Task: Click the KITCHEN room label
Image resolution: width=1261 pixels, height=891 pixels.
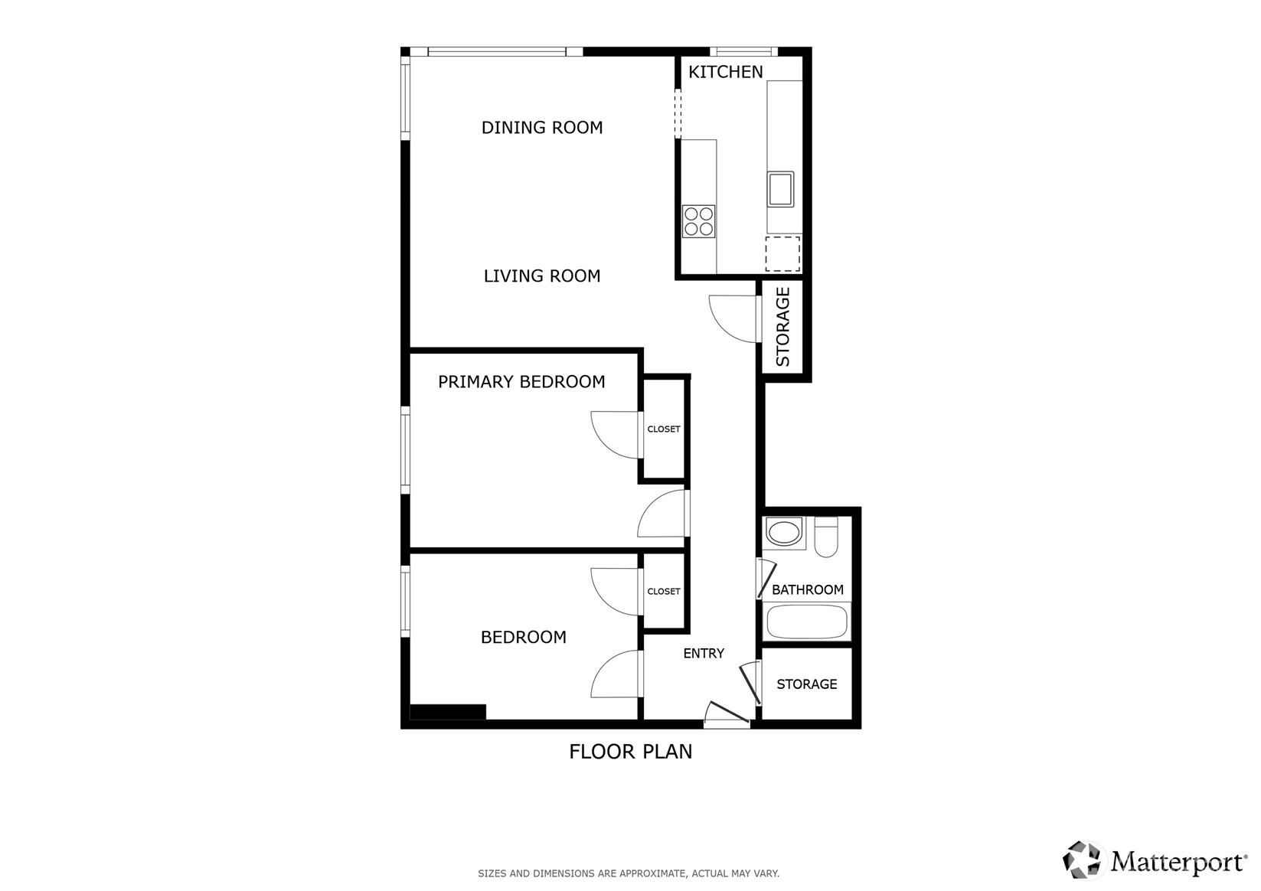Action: pos(726,72)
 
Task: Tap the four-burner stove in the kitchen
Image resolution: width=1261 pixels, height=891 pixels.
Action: pos(698,221)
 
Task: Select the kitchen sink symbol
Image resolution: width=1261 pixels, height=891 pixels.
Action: pos(780,189)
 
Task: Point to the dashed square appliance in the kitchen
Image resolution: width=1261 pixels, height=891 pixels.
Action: pos(782,254)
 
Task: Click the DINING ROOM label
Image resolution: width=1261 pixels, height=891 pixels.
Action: pos(542,128)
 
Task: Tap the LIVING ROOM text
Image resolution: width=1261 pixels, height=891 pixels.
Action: pos(542,276)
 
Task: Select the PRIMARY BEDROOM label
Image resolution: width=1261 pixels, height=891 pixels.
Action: pos(521,382)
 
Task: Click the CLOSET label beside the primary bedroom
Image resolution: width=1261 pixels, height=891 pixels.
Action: pos(664,429)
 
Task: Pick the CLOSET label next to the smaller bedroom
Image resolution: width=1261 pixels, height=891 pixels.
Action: pos(664,591)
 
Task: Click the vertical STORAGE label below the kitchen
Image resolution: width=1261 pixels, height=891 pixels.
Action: pos(783,326)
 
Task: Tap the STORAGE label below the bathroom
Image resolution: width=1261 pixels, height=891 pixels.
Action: pos(807,684)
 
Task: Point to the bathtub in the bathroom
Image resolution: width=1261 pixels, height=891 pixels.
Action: pos(807,622)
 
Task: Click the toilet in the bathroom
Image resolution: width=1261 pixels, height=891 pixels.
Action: pos(826,537)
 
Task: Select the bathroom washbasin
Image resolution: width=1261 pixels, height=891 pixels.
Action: pos(783,533)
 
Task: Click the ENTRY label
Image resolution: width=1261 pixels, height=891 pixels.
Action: pos(704,653)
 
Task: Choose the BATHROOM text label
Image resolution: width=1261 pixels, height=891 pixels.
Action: pos(807,589)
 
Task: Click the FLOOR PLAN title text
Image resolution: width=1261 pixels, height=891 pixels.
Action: pos(631,752)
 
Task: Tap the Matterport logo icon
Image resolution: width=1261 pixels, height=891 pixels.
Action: pos(1081,860)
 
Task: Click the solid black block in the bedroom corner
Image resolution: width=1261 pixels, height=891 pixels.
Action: pos(448,711)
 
